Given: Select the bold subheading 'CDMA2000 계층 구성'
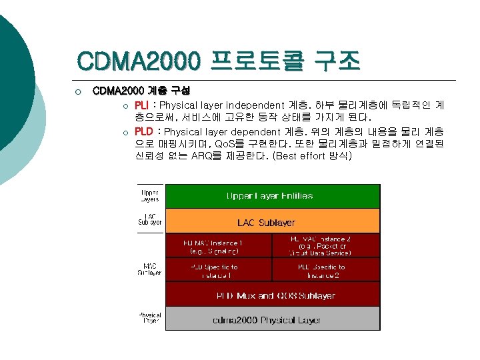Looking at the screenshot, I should (x=141, y=90).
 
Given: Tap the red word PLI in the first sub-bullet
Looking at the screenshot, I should (x=141, y=105).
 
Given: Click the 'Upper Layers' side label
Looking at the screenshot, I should (x=149, y=195).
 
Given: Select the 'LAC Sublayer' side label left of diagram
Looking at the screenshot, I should (x=149, y=219).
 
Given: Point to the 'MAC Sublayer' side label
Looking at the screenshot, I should (x=149, y=269).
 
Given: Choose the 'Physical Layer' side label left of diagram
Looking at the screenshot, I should (x=149, y=317).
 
